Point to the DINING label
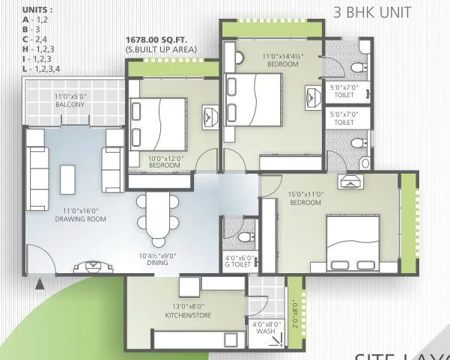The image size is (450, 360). tap(157, 260)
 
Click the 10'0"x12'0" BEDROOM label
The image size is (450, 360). tap(167, 162)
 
